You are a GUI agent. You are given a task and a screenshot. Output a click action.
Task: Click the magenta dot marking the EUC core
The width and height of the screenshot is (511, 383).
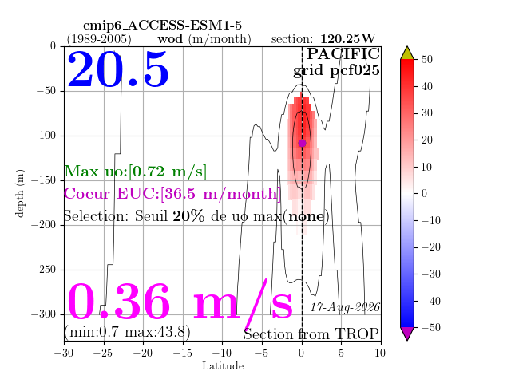pos(302,143)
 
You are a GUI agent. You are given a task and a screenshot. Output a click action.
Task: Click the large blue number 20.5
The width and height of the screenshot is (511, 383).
pos(118,69)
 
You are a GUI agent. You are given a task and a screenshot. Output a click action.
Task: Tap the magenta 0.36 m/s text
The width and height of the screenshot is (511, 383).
pos(180,302)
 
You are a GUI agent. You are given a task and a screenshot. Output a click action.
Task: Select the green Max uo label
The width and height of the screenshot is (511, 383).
pos(135,172)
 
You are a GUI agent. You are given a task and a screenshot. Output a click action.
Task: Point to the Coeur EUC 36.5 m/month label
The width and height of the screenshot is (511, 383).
pos(172,194)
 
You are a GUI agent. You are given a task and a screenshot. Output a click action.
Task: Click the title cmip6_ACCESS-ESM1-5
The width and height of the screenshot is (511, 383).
pos(162,26)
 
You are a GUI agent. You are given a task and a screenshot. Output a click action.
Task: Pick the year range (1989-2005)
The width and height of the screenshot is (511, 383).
pos(99,39)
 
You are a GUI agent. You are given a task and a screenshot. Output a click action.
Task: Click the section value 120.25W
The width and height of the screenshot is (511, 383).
pos(348,39)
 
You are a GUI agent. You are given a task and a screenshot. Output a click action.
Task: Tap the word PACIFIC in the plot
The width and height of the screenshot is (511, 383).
pos(343,54)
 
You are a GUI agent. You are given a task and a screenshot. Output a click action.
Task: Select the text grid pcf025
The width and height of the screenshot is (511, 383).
pos(336,71)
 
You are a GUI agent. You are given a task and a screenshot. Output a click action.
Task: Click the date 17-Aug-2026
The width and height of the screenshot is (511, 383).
pos(345,307)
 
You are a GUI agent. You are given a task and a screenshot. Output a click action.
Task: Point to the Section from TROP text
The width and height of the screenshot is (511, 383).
pos(311,334)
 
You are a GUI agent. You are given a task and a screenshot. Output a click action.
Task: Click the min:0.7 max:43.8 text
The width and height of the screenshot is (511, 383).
pos(127,332)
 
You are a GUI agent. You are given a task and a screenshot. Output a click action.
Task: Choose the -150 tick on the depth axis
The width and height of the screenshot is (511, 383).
pos(44,180)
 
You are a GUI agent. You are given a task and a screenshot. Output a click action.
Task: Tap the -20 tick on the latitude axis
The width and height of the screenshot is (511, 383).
pos(144,353)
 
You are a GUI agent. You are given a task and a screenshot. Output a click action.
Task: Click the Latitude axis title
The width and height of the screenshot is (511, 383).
pos(223,365)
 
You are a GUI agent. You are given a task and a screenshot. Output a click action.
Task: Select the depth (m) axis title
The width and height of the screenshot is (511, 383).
pos(19,193)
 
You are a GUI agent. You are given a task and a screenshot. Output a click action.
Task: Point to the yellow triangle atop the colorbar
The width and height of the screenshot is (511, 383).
pos(407,53)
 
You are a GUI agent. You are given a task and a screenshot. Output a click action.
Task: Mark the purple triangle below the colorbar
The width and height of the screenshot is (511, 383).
pos(407,334)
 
